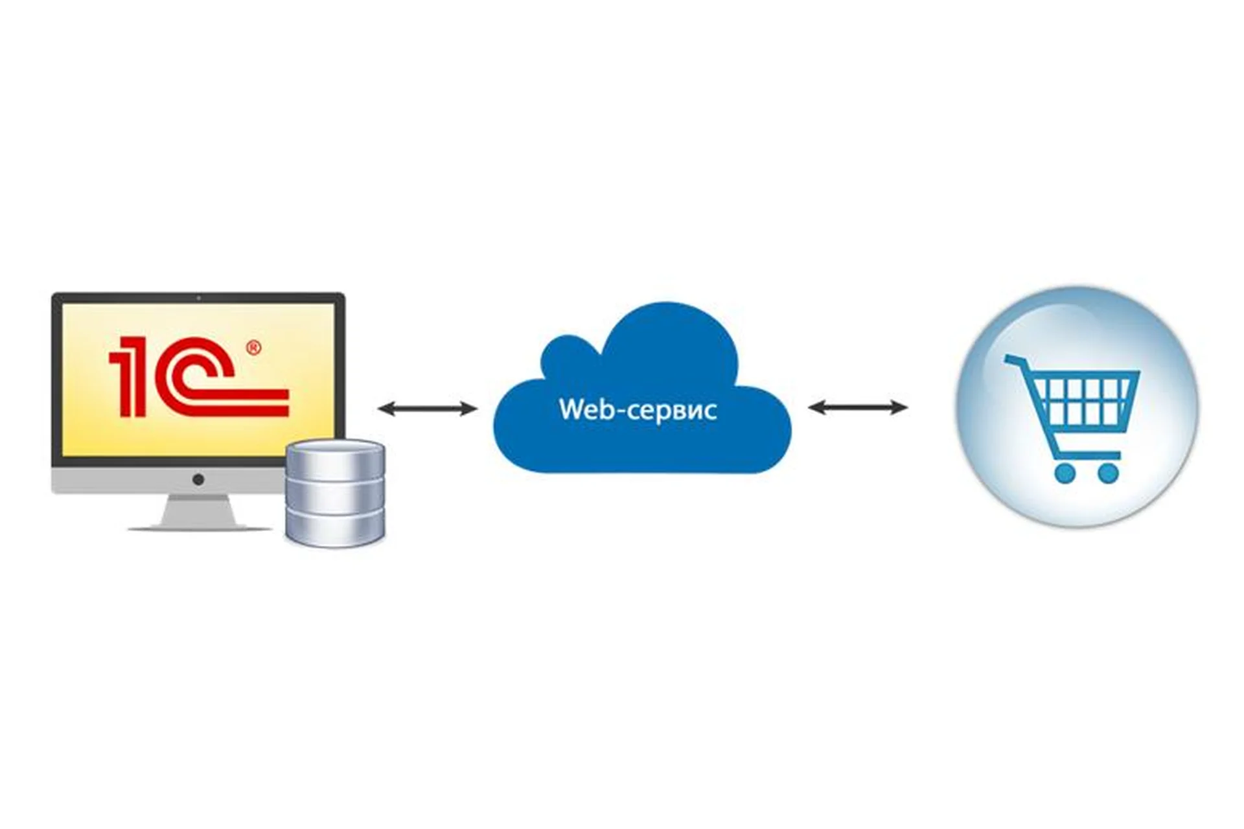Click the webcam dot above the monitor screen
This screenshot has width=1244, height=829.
click(198, 298)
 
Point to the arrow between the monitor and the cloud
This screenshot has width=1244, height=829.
click(428, 408)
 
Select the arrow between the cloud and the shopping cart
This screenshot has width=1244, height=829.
click(858, 407)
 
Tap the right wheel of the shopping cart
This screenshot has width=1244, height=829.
click(1109, 472)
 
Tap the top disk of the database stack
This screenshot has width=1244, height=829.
click(335, 453)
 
